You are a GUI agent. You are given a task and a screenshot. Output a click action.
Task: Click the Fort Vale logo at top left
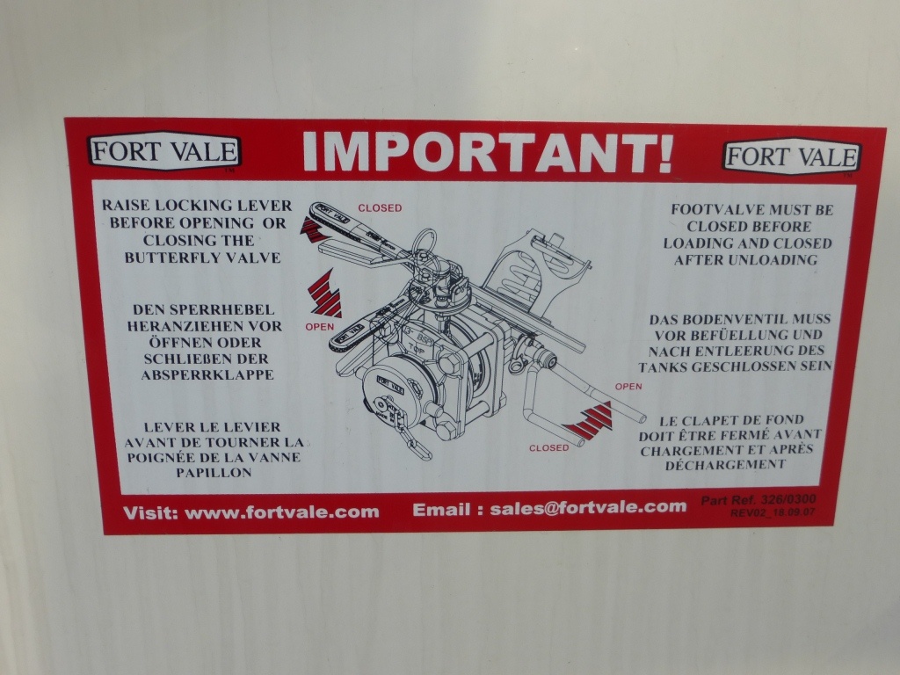click(x=164, y=151)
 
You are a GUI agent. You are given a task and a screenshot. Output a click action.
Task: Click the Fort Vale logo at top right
click(x=792, y=156)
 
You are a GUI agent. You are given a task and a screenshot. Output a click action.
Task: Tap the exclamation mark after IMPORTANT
click(x=664, y=153)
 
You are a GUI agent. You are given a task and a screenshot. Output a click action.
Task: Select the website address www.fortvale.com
click(x=282, y=512)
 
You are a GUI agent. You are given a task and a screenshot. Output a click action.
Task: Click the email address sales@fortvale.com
click(x=588, y=507)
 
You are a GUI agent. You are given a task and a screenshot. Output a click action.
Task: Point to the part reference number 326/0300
click(x=787, y=499)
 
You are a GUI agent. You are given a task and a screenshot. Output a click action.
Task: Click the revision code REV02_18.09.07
click(x=772, y=512)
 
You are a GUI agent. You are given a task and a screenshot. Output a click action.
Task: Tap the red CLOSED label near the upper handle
click(x=380, y=207)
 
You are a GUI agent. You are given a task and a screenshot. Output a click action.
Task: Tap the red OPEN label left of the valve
click(x=320, y=327)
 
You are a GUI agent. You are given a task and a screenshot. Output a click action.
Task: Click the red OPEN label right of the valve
click(x=628, y=387)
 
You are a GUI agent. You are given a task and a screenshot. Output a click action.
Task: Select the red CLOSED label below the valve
click(x=548, y=447)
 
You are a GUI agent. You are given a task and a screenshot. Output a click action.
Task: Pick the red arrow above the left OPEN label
click(x=325, y=294)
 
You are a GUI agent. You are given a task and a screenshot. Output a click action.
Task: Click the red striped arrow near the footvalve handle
click(x=589, y=421)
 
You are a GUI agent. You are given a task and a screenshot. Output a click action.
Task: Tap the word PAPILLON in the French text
click(x=214, y=473)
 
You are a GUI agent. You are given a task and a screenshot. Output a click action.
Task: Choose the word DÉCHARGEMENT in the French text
click(x=725, y=464)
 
